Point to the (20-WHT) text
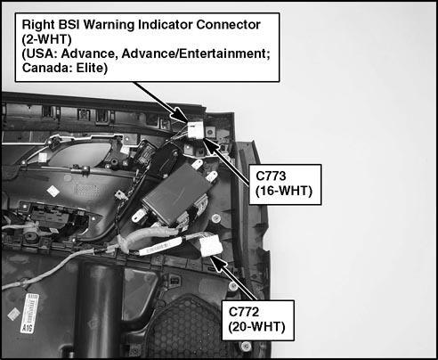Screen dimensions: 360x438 pos(257,327)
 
